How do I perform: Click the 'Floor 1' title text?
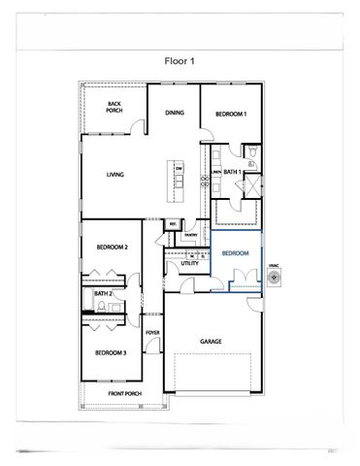[x=180, y=59]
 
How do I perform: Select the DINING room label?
[x=174, y=113]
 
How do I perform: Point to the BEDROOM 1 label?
[x=230, y=115]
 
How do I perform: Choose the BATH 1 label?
[x=232, y=172]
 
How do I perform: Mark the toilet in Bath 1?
[x=251, y=152]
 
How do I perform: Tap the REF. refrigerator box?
[x=173, y=225]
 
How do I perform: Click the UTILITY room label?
[x=189, y=262]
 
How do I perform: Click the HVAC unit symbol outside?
[x=275, y=279]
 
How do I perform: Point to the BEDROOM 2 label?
[x=113, y=248]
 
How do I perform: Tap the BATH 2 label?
[x=103, y=293]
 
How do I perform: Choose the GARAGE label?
[x=212, y=342]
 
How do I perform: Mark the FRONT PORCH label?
[x=125, y=393]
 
